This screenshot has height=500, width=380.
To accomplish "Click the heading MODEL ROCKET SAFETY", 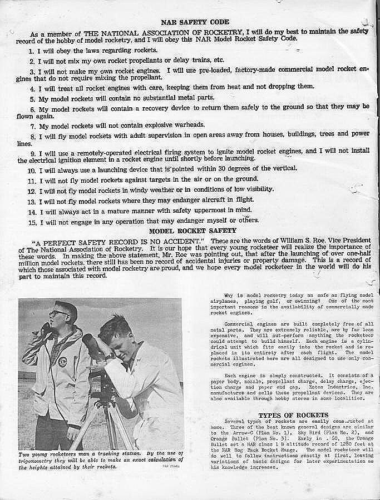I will click(x=192, y=230).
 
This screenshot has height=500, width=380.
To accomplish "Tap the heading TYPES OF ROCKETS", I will click(x=293, y=415).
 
